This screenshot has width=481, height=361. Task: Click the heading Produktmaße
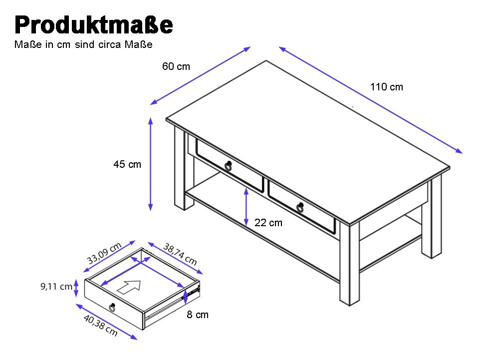pyautogui.click(x=94, y=25)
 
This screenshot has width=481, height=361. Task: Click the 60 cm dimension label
pyautogui.click(x=176, y=66)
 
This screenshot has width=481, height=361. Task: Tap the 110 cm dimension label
pyautogui.click(x=387, y=87)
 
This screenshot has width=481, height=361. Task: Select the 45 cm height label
pyautogui.click(x=127, y=164)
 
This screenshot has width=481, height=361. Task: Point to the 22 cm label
pyautogui.click(x=268, y=223)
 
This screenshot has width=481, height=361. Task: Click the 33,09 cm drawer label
pyautogui.click(x=104, y=254)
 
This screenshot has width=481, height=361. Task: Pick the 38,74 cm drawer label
pyautogui.click(x=180, y=254)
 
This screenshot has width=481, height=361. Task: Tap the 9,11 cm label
pyautogui.click(x=56, y=287)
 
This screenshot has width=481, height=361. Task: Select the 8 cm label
pyautogui.click(x=198, y=315)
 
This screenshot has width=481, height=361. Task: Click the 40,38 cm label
pyautogui.click(x=101, y=326)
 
